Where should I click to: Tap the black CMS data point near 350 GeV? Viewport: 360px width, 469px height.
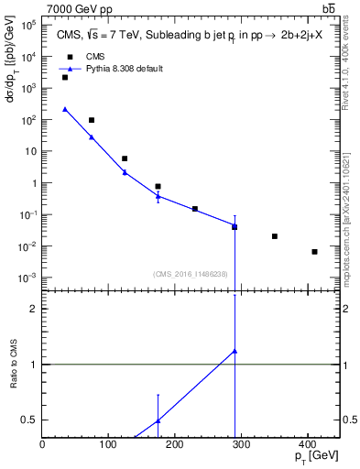pos(275,236)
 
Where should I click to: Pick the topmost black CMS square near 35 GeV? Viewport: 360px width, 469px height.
pos(65,78)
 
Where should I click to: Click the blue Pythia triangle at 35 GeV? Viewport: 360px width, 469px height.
pos(65,109)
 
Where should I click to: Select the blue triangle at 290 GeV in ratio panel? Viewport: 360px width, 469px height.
pos(235,351)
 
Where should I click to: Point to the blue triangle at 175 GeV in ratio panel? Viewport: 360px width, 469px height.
pos(158,420)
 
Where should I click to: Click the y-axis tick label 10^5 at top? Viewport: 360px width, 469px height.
pos(27,26)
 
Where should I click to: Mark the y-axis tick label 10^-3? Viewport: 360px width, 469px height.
pos(27,278)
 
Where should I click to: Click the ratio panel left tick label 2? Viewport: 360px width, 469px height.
pos(33,309)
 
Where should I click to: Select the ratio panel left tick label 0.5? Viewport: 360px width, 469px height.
pos(29,420)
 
